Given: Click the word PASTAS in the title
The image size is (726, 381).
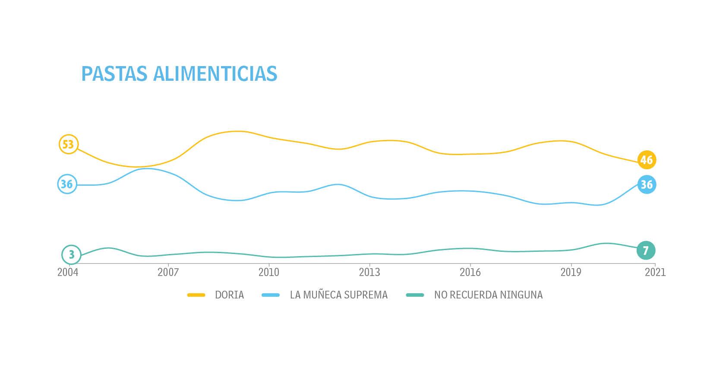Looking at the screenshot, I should pyautogui.click(x=114, y=74).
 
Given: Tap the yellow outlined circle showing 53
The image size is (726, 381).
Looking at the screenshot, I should pyautogui.click(x=68, y=144).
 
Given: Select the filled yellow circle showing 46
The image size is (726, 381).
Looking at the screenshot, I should pyautogui.click(x=646, y=160).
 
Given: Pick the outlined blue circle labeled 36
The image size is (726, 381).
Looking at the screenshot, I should pyautogui.click(x=67, y=184).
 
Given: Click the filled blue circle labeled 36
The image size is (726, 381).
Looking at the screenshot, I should pyautogui.click(x=646, y=185).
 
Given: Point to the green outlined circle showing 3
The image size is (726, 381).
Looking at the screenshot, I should pyautogui.click(x=71, y=255).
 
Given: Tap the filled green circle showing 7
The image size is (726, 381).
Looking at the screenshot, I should pyautogui.click(x=646, y=251).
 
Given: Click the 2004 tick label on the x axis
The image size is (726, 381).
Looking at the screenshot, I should pyautogui.click(x=68, y=273).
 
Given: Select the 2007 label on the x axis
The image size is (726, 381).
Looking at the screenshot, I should pyautogui.click(x=168, y=273).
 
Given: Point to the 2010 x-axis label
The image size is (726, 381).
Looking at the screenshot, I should pyautogui.click(x=268, y=273).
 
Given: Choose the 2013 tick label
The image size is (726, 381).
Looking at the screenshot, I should pyautogui.click(x=369, y=273).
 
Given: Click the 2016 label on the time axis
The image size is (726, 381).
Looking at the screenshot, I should pyautogui.click(x=470, y=273).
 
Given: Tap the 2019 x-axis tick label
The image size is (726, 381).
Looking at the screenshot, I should pyautogui.click(x=571, y=273).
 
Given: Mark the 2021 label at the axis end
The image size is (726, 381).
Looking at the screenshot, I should pyautogui.click(x=655, y=273).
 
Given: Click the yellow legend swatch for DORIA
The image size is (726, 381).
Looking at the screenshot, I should pyautogui.click(x=196, y=295).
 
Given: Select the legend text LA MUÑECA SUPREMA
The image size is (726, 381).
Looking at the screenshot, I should pyautogui.click(x=339, y=295).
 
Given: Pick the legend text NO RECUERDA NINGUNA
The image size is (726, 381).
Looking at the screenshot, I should pyautogui.click(x=488, y=295).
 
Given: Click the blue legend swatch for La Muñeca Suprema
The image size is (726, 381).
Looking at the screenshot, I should pyautogui.click(x=271, y=295).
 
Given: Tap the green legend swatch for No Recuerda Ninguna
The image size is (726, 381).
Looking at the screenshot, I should pyautogui.click(x=415, y=295).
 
